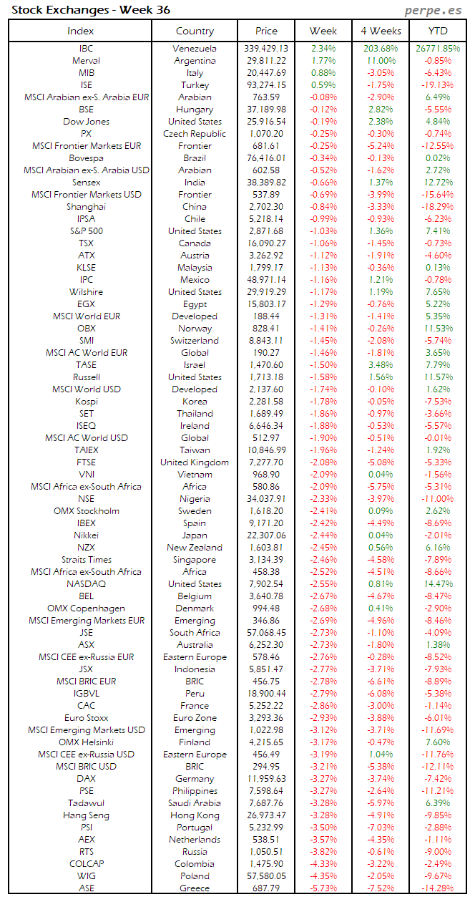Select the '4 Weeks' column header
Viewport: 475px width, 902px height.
click(381, 31)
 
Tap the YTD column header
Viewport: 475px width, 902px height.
click(438, 31)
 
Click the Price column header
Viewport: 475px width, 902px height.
click(266, 31)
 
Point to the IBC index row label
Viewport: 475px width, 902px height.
click(86, 49)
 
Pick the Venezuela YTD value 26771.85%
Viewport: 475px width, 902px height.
click(438, 49)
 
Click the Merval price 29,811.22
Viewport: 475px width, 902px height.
click(266, 61)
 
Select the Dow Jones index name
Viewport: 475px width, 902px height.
click(86, 122)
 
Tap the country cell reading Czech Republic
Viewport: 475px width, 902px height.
click(195, 134)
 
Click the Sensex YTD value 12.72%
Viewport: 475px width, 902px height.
click(438, 183)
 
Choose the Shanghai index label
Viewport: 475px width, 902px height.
click(86, 207)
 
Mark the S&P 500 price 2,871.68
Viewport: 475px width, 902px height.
click(266, 231)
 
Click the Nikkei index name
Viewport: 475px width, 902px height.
click(86, 535)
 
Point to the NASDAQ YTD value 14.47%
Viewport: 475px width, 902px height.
click(438, 584)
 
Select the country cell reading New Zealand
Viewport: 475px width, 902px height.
click(195, 548)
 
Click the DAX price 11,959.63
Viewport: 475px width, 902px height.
click(266, 779)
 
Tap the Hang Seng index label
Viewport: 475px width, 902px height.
click(86, 815)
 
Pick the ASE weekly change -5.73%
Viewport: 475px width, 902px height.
click(323, 888)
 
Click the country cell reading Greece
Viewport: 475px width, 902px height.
click(195, 888)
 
